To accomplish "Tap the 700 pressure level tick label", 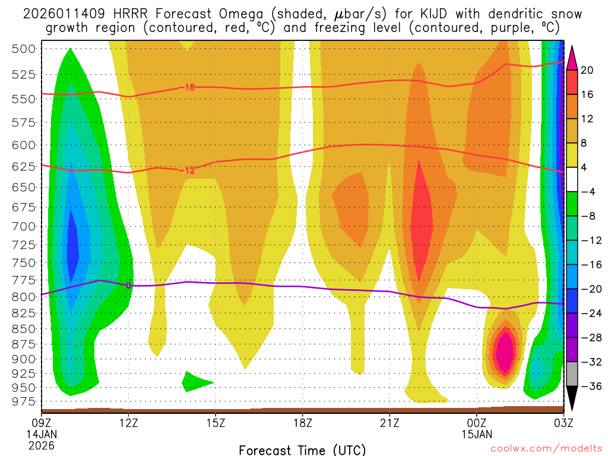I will [24, 226].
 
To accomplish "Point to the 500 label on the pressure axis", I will [24, 49].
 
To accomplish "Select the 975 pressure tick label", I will [24, 401].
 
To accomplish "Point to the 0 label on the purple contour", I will [128, 286].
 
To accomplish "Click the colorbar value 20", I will [587, 70].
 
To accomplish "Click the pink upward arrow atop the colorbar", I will [573, 57].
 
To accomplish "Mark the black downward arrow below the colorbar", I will [573, 400].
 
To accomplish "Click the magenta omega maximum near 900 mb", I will [505, 352].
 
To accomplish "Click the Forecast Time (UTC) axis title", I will [302, 449].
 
